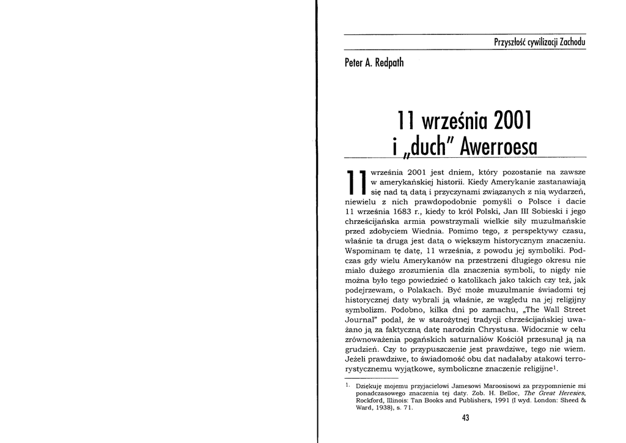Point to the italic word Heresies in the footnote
[563, 393]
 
